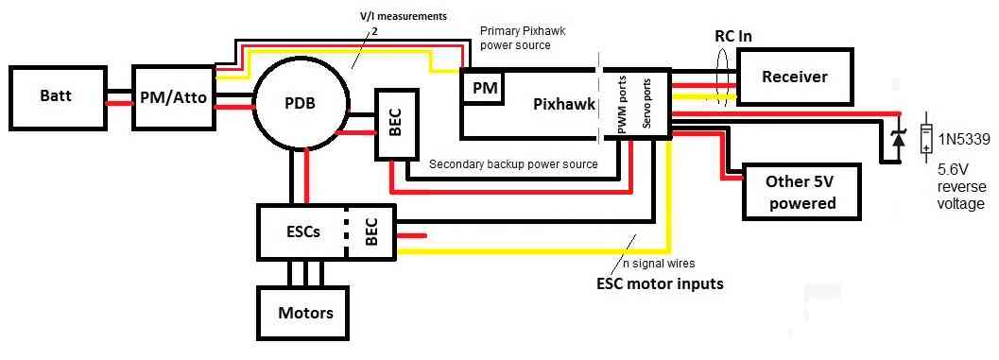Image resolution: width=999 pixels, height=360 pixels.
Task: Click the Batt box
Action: pyautogui.click(x=57, y=97)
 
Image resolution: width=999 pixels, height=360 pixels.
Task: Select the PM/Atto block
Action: pyautogui.click(x=174, y=97)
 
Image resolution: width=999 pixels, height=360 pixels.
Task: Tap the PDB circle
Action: pyautogui.click(x=301, y=103)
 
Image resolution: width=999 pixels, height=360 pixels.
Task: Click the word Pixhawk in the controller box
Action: pyautogui.click(x=563, y=103)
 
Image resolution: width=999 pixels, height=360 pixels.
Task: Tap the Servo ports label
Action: pyautogui.click(x=651, y=103)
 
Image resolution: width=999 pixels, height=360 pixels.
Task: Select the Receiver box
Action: pyautogui.click(x=794, y=77)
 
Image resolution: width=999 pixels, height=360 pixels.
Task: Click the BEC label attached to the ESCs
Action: pyautogui.click(x=371, y=231)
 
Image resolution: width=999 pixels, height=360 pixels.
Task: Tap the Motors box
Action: pyautogui.click(x=304, y=313)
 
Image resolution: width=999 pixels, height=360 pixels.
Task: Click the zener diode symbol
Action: pyautogui.click(x=898, y=138)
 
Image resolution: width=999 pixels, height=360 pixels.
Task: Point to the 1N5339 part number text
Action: pyautogui.click(x=967, y=140)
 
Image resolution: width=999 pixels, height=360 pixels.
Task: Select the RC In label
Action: pyautogui.click(x=732, y=37)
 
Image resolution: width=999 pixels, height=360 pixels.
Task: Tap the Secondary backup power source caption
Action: pyautogui.click(x=513, y=164)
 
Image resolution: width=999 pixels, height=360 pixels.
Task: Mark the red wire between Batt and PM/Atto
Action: pyautogui.click(x=118, y=105)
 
